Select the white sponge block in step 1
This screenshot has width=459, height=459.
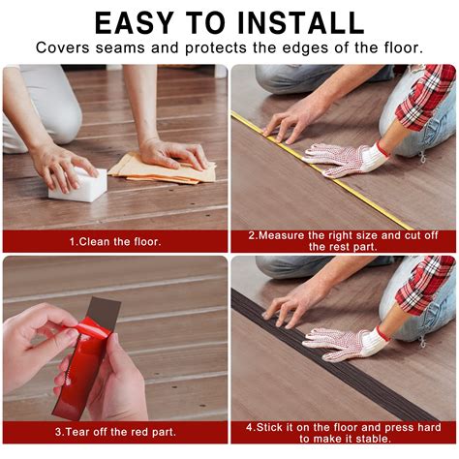click(x=77, y=183)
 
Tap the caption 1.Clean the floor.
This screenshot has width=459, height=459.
click(x=115, y=240)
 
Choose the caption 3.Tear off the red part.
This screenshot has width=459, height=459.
click(x=115, y=431)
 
